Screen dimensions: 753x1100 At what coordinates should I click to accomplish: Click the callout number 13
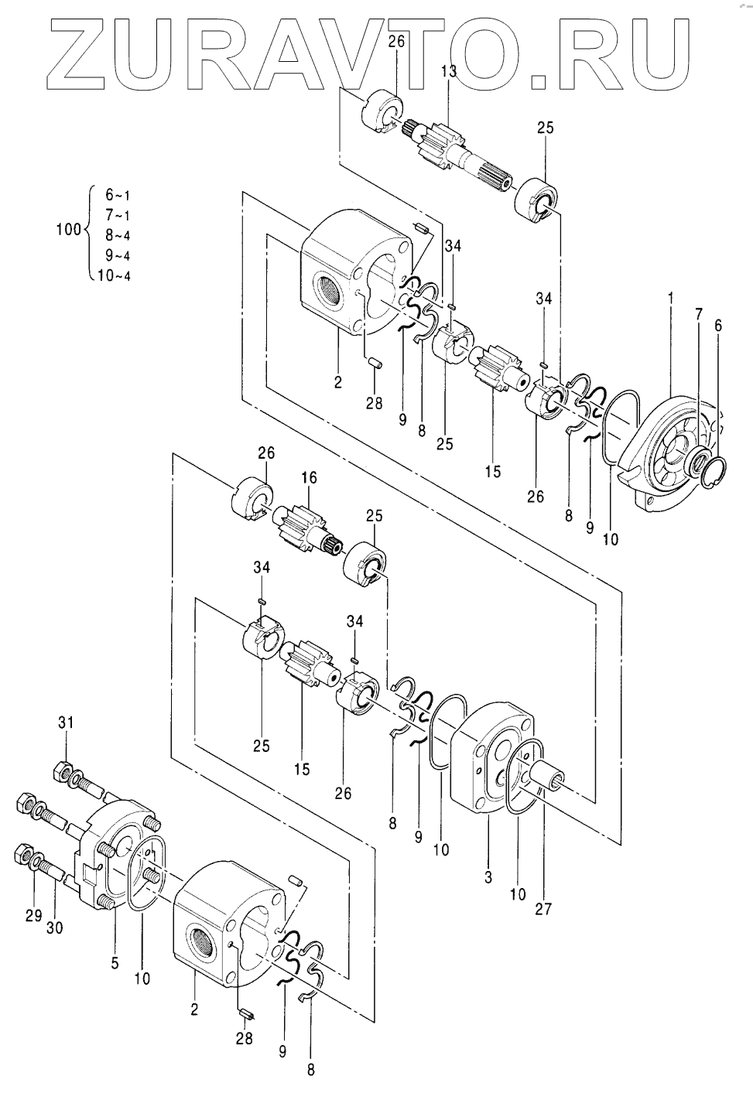click(x=448, y=71)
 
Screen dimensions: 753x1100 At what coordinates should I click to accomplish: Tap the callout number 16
click(x=309, y=478)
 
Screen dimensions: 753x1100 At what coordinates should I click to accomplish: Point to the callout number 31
click(x=65, y=723)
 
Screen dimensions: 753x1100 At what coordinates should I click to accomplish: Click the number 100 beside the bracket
click(x=68, y=229)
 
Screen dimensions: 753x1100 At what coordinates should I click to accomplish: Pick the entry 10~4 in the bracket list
click(x=114, y=275)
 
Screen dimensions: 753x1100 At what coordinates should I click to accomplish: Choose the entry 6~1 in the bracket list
click(x=118, y=195)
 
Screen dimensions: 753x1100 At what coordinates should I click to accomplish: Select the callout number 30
click(x=54, y=927)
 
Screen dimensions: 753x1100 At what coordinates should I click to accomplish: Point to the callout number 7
click(x=699, y=314)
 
